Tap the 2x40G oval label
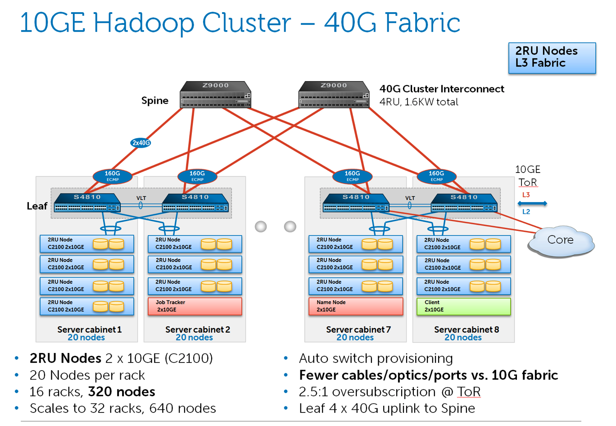[x=140, y=143]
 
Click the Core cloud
[x=561, y=241]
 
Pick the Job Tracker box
[x=195, y=306]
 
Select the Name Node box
[x=355, y=306]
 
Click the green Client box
[x=463, y=306]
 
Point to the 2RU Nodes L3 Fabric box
[x=552, y=58]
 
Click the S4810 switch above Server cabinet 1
[x=87, y=203]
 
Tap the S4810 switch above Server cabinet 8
[x=464, y=203]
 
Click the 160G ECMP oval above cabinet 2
[x=197, y=176]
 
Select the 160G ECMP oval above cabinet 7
[x=352, y=176]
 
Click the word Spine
[x=155, y=100]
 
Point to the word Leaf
[x=37, y=206]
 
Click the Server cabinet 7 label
[x=358, y=330]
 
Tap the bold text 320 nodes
[x=122, y=392]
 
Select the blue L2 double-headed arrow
[x=532, y=204]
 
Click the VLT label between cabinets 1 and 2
[x=141, y=198]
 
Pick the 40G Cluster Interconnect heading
[x=441, y=89]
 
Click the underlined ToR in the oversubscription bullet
[x=469, y=392]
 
